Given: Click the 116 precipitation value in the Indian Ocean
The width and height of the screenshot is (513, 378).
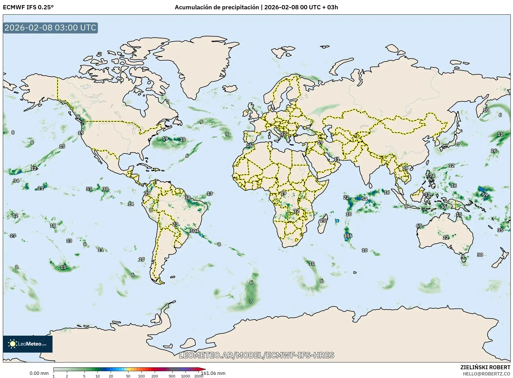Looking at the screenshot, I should [x=348, y=236].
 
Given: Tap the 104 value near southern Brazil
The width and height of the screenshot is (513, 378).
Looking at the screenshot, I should [x=194, y=231].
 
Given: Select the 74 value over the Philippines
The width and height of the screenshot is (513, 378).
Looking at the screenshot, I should [x=432, y=176].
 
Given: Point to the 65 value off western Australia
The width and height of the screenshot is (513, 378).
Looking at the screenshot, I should [x=419, y=226].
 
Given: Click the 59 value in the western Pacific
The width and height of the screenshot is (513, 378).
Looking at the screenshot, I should [x=485, y=195].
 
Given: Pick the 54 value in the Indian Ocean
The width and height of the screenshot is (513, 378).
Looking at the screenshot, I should [x=364, y=199].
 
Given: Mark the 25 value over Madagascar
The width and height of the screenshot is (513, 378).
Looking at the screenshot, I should [x=323, y=220].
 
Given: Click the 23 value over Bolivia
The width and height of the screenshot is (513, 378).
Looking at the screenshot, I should [x=175, y=224].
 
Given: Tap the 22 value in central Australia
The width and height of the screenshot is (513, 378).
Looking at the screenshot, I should [x=446, y=238].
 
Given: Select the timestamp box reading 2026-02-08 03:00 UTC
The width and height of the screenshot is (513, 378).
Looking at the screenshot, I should [x=50, y=28].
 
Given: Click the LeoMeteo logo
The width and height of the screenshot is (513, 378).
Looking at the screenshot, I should [x=28, y=344].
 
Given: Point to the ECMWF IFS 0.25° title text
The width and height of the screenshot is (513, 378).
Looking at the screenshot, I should [x=28, y=7].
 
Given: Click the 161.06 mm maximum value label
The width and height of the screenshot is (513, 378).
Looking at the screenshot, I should [x=213, y=373].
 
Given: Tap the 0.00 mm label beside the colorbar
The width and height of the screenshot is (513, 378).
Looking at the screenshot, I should [x=39, y=373].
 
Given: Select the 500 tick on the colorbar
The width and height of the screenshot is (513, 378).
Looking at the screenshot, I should [x=172, y=376].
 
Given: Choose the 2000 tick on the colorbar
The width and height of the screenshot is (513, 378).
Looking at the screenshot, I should [x=198, y=376].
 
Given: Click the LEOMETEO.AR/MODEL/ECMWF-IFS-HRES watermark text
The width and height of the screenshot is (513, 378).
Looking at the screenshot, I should [x=256, y=355].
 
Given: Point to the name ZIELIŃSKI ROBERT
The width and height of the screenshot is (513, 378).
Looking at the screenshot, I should [x=485, y=367].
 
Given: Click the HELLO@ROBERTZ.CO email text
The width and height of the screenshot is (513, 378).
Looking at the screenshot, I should [x=486, y=374].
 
